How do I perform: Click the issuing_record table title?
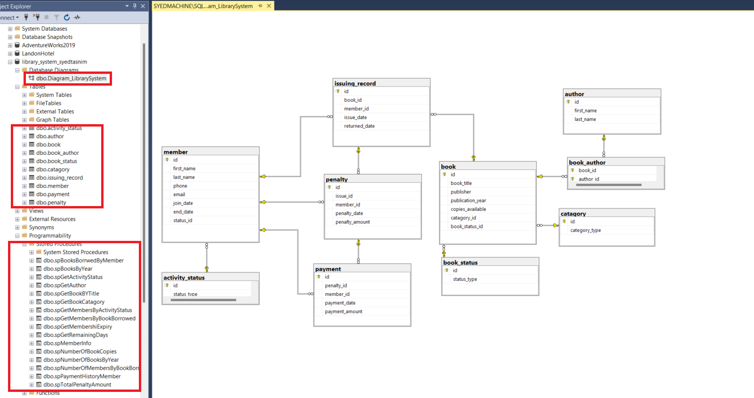[355, 83]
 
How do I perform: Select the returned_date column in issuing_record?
[359, 126]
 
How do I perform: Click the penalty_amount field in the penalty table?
[353, 222]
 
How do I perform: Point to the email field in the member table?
[179, 195]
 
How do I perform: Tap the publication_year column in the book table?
[468, 200]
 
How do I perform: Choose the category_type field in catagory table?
[586, 231]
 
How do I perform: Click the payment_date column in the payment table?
[340, 303]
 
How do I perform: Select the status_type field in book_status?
[465, 279]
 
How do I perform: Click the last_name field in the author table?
[585, 119]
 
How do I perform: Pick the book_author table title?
[587, 162]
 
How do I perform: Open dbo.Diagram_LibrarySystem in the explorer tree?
[71, 79]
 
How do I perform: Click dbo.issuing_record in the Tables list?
[59, 178]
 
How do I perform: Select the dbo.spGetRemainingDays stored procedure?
[75, 335]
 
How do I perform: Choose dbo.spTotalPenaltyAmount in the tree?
[77, 385]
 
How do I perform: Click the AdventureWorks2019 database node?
[48, 45]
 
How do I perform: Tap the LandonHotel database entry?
[38, 54]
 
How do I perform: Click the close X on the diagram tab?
[269, 6]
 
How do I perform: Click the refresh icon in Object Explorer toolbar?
[67, 17]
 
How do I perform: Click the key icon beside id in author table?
[569, 102]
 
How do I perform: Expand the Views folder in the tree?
[17, 211]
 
